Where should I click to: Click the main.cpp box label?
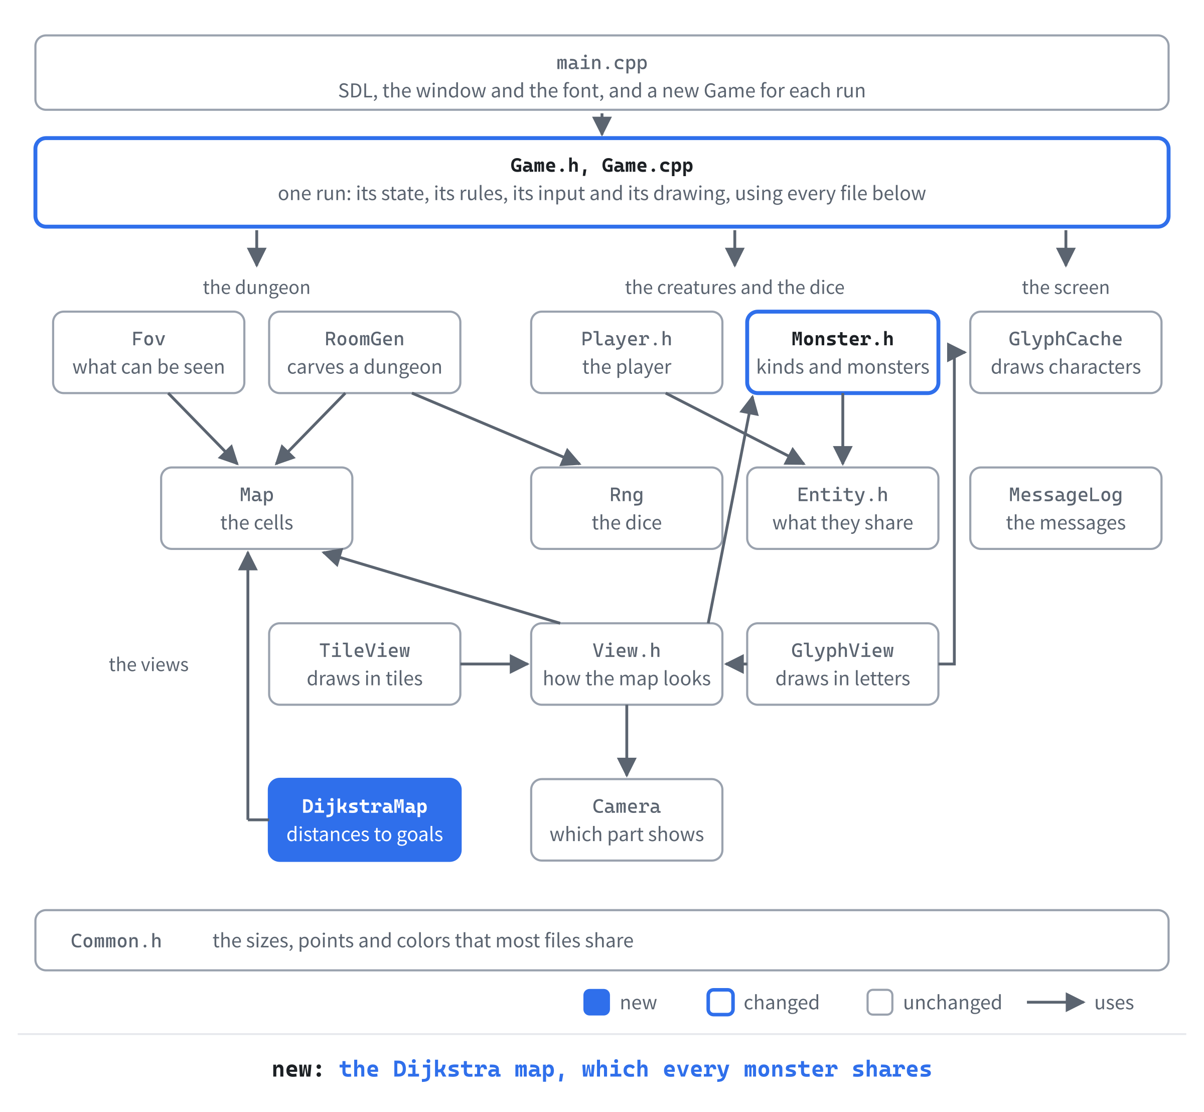(x=601, y=63)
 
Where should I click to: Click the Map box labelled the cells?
(x=257, y=508)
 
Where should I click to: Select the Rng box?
(x=627, y=508)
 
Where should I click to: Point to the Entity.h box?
(x=842, y=508)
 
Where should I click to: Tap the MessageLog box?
(x=1066, y=508)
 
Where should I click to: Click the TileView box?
(x=365, y=664)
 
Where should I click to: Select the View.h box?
(x=627, y=664)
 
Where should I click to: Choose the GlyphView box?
(x=842, y=664)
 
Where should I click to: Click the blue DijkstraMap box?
(x=365, y=819)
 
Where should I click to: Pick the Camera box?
(x=627, y=819)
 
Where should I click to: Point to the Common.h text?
(x=116, y=940)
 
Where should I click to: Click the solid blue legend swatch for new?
(x=596, y=1003)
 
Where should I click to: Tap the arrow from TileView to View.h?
(x=495, y=664)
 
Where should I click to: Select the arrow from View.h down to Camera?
(x=627, y=741)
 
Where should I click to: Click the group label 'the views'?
(x=148, y=664)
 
